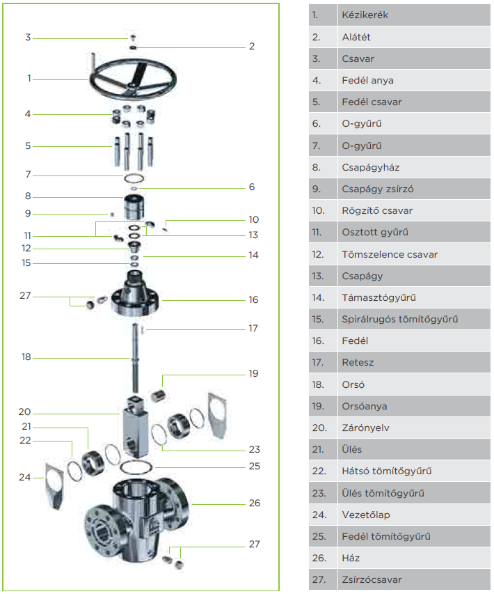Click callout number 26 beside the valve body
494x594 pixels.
(x=255, y=503)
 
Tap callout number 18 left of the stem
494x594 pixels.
(x=26, y=357)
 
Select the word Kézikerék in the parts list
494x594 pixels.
(x=365, y=15)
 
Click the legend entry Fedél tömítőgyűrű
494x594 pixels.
(x=386, y=536)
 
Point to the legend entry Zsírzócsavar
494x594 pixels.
(x=372, y=579)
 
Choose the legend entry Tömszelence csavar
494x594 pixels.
(x=390, y=254)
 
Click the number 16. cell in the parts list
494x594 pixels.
(x=319, y=341)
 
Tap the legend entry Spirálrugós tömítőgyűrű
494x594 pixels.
(x=399, y=320)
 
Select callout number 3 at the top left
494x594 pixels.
(x=28, y=37)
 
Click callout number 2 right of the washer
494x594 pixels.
(x=252, y=47)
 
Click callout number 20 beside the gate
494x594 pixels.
(x=25, y=412)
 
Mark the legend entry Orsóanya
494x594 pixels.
(x=365, y=406)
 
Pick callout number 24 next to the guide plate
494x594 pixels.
(x=25, y=478)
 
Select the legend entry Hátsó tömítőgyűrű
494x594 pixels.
(x=387, y=471)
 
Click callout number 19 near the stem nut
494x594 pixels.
(x=253, y=374)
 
